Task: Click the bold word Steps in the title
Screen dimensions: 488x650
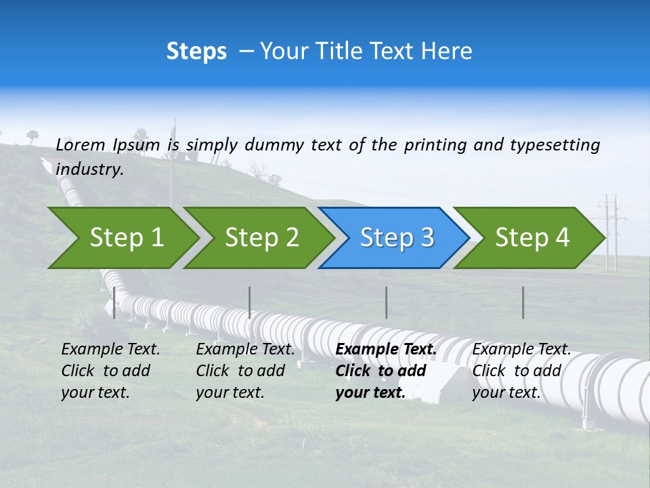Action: click(196, 52)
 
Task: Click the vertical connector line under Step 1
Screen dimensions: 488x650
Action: click(114, 302)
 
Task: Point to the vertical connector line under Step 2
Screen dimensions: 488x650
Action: click(250, 302)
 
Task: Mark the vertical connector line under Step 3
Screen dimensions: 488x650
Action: click(386, 302)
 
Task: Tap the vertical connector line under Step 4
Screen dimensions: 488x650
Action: click(523, 302)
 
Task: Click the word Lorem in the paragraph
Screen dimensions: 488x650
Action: click(81, 145)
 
